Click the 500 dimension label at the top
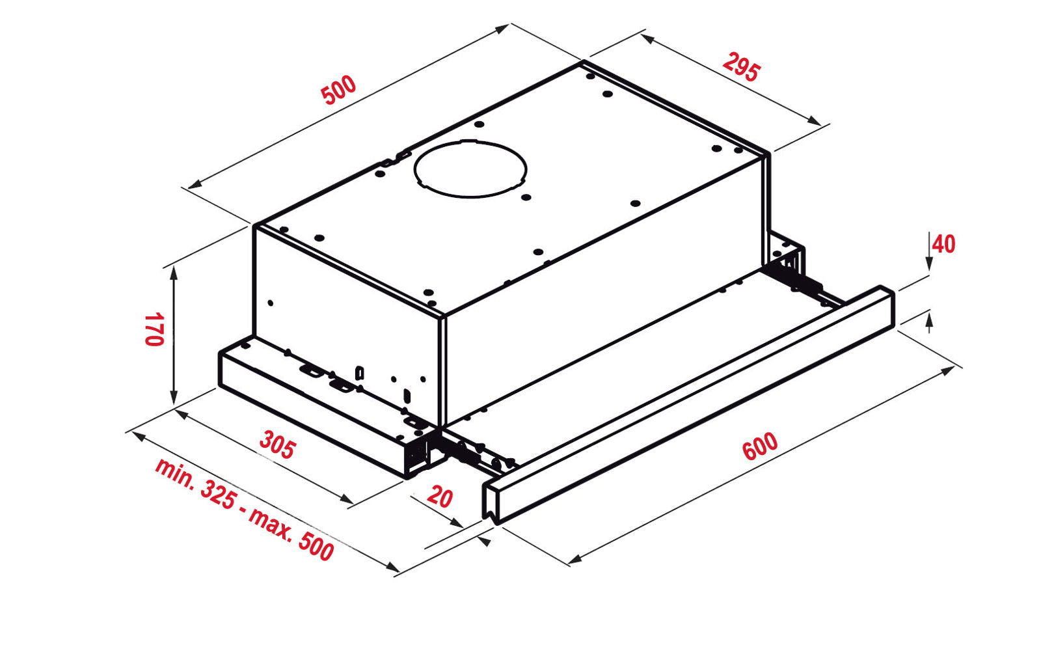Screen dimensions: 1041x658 point(339,90)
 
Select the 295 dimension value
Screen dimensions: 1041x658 point(742,68)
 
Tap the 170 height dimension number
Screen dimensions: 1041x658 point(154,329)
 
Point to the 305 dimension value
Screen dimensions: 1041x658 point(277,445)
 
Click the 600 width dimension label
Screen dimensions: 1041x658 point(760,446)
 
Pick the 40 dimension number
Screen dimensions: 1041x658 point(944,244)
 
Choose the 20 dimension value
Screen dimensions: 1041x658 point(439,496)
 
